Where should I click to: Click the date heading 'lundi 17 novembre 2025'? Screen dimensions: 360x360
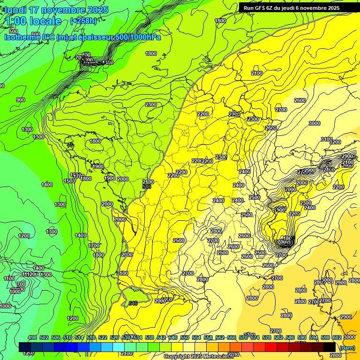pyautogui.click(x=56, y=10)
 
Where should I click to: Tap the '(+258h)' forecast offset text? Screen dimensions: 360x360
pyautogui.click(x=83, y=21)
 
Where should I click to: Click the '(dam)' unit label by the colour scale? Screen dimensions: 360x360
pyautogui.click(x=347, y=348)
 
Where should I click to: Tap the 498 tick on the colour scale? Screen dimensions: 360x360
pyautogui.click(x=32, y=337)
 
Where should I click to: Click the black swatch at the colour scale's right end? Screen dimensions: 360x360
pyautogui.click(x=329, y=347)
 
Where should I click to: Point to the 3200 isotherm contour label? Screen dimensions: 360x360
pyautogui.click(x=335, y=142)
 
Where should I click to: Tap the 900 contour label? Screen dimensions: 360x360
pyautogui.click(x=21, y=100)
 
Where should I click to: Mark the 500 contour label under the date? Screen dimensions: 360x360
pyautogui.click(x=14, y=31)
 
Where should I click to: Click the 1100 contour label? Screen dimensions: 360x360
pyautogui.click(x=9, y=279)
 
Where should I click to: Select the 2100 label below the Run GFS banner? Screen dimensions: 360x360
pyautogui.click(x=256, y=73)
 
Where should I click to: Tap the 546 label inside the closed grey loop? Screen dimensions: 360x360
pyautogui.click(x=133, y=303)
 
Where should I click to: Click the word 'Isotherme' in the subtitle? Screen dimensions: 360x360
pyautogui.click(x=22, y=37)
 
